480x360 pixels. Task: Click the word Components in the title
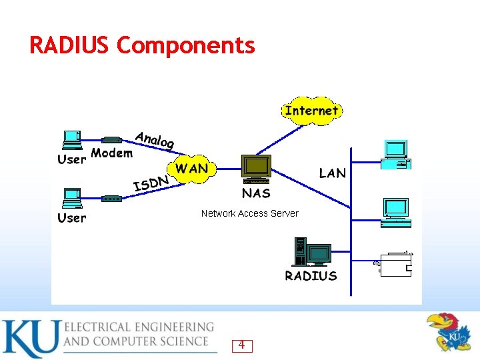(185, 47)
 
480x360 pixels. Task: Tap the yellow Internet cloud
(312, 111)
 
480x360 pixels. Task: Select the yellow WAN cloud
(191, 169)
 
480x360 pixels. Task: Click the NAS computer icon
(256, 169)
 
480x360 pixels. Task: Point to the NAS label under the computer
(256, 193)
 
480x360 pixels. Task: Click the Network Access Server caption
(250, 213)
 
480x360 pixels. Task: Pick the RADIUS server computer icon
(311, 253)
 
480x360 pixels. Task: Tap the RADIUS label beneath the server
(311, 276)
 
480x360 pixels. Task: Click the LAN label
(332, 173)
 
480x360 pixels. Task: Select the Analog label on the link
(155, 140)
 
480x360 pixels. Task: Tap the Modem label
(111, 153)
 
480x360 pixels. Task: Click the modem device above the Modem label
(111, 140)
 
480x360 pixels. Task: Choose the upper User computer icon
(71, 140)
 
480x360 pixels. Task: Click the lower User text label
(71, 218)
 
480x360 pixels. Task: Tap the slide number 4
(241, 345)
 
